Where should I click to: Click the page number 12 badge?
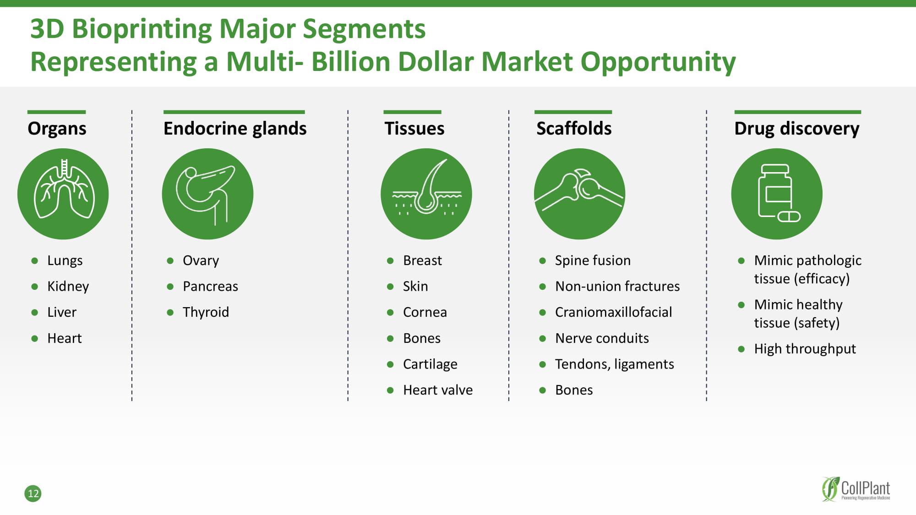(x=33, y=493)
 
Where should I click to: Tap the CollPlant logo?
(x=856, y=489)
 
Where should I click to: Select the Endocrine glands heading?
(x=235, y=129)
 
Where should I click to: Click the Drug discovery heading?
(x=797, y=129)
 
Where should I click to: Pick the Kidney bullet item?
(x=68, y=287)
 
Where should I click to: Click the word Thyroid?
(x=206, y=312)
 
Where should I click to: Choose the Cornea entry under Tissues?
(x=425, y=312)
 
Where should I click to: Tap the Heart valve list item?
(x=438, y=390)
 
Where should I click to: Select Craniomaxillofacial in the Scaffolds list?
(x=613, y=312)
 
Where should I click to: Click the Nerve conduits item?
(x=602, y=338)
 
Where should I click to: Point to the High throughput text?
(x=805, y=349)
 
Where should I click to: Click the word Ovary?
(x=201, y=260)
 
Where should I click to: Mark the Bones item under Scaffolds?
(x=574, y=390)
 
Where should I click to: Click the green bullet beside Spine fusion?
(x=543, y=261)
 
